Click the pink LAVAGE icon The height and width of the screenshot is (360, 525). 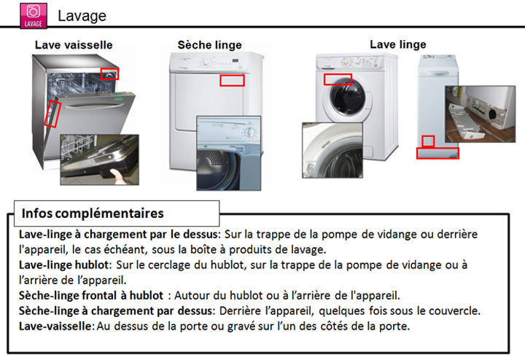[x=34, y=15]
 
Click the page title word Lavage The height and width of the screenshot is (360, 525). [x=82, y=16]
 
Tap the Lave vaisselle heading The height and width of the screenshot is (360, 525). [x=74, y=45]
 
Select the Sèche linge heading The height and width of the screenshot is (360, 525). [x=209, y=45]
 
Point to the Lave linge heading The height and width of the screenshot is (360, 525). [x=398, y=44]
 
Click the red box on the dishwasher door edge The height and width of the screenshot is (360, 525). [x=52, y=114]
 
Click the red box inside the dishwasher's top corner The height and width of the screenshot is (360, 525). [x=109, y=74]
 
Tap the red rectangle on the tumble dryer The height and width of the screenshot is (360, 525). [x=232, y=80]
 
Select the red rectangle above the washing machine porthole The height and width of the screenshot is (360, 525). [x=338, y=79]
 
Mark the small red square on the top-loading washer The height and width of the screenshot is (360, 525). [x=428, y=141]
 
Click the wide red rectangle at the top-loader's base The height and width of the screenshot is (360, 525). [x=437, y=153]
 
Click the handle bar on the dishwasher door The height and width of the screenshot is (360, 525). [x=91, y=106]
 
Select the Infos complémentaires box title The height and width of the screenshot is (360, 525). [x=93, y=214]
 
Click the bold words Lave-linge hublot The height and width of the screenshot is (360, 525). [x=64, y=265]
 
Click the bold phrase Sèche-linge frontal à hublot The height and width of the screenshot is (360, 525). [x=91, y=296]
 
